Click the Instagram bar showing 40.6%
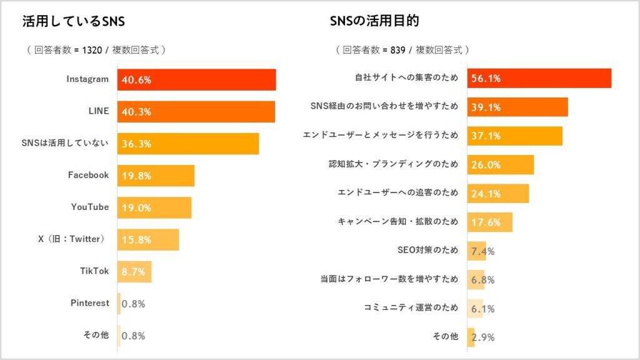[197, 80]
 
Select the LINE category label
[98, 111]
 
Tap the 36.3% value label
[136, 144]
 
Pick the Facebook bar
[156, 176]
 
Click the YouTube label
[90, 207]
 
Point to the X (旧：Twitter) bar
[148, 239]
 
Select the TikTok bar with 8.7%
[134, 272]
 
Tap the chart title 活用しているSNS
[73, 21]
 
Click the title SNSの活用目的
[374, 21]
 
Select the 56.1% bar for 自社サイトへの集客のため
[539, 78]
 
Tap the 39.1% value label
[486, 107]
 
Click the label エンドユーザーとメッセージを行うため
[380, 135]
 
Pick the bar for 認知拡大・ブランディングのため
[501, 164]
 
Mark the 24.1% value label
[486, 194]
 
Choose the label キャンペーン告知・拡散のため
[398, 221]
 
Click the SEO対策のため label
[427, 250]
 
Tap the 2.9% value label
[483, 337]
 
